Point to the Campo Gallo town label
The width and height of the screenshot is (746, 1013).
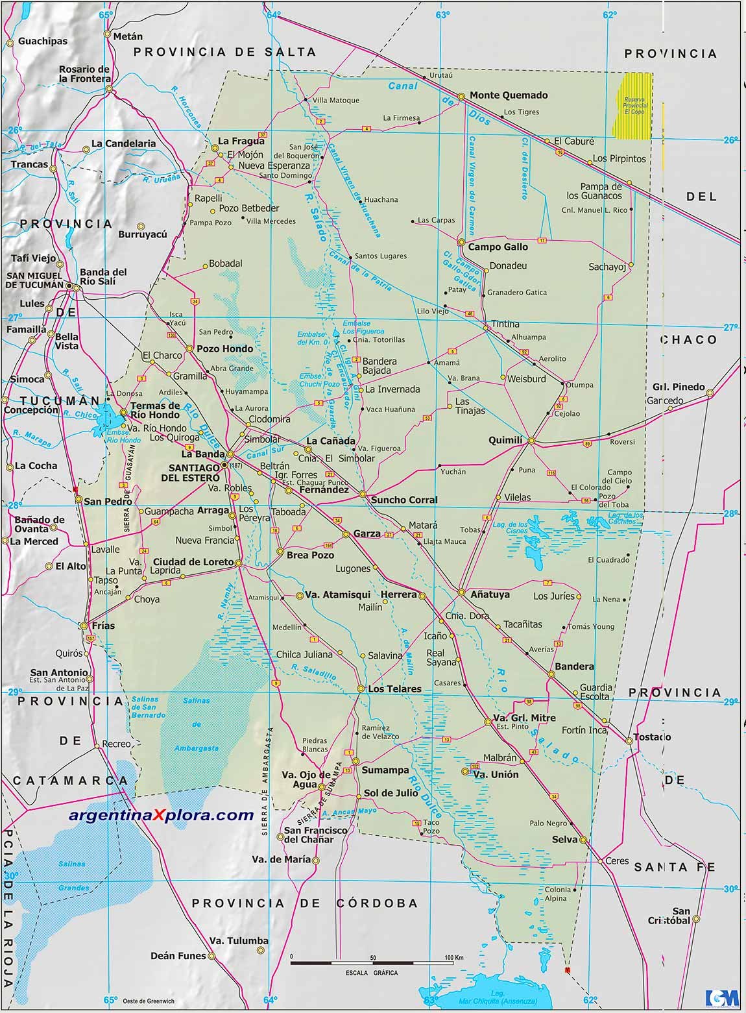coord(498,247)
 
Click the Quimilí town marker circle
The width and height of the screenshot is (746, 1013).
coord(531,441)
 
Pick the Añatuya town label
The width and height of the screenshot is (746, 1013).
coord(490,594)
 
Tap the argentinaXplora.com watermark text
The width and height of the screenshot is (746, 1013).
coord(161,815)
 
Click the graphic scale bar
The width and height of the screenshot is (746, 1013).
coord(372,961)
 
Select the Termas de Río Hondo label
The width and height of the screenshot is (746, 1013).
coord(155,410)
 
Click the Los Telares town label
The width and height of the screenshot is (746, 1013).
coord(394,689)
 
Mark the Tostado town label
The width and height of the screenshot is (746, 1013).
coord(653,737)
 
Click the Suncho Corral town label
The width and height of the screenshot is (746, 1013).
coord(403,500)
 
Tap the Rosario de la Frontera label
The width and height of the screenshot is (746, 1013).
coord(85,74)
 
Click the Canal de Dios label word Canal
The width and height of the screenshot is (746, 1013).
coord(403,86)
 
